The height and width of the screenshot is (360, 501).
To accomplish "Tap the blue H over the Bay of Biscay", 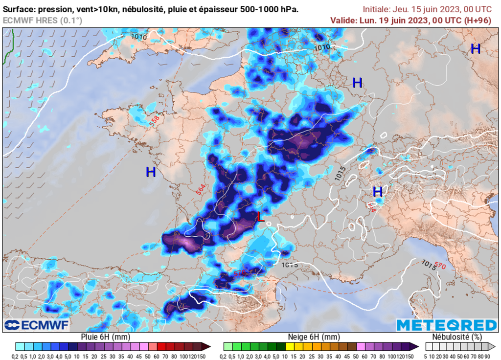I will [x=151, y=172].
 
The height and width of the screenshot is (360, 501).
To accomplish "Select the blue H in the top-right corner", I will [x=475, y=48].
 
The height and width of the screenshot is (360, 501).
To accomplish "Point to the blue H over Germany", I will [x=357, y=83].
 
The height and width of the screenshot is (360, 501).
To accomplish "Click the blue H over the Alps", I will [x=377, y=191].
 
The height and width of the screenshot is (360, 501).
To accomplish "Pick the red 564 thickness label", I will [x=201, y=190].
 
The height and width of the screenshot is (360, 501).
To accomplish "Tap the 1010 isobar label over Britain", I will [x=138, y=36].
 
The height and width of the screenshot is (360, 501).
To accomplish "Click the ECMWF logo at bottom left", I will [x=37, y=325].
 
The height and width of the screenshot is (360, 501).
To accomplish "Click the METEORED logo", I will [x=446, y=325].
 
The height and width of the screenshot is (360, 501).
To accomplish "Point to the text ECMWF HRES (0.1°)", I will [x=43, y=20].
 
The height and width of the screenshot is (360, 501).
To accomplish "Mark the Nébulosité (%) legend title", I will [x=457, y=337].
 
